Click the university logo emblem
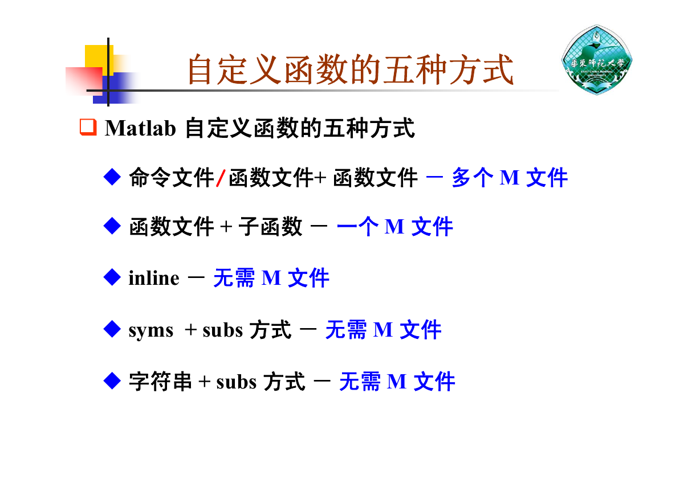[x=597, y=60]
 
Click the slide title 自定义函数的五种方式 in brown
[x=351, y=69]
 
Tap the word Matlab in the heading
[x=140, y=128]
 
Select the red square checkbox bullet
[x=88, y=127]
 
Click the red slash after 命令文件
[x=221, y=178]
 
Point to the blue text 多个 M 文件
[x=510, y=177]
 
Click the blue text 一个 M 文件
[x=394, y=226]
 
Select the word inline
[x=154, y=278]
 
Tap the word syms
[x=151, y=330]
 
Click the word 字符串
[x=160, y=381]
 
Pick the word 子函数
[x=270, y=226]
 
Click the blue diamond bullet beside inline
[x=112, y=277]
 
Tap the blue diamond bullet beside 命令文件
[x=112, y=177]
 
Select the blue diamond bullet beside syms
[x=112, y=329]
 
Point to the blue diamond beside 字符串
[x=112, y=381]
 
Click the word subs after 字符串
[x=236, y=382]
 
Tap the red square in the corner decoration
[x=84, y=80]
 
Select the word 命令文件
[x=172, y=177]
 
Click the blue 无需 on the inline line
[x=234, y=277]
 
